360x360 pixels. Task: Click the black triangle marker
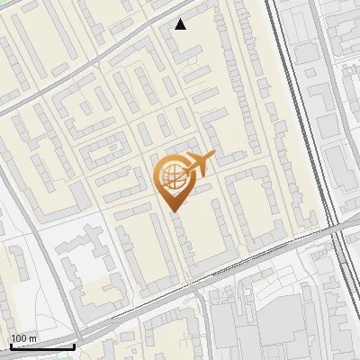(x=181, y=24)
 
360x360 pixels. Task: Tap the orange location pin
(x=174, y=180)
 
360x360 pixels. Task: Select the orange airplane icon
(x=199, y=163)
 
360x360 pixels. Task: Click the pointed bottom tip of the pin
(x=174, y=211)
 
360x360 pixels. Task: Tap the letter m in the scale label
(x=32, y=338)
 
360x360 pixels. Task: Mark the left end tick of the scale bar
(x=11, y=345)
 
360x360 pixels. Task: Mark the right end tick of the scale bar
(x=74, y=345)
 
